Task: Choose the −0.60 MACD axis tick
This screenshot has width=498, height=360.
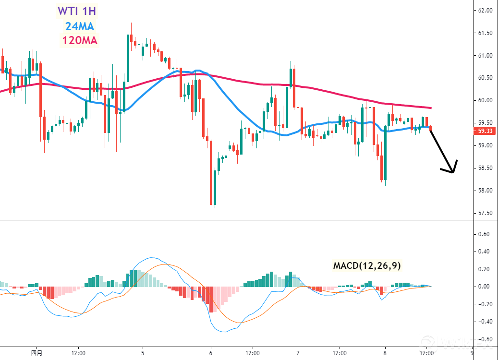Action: tap(483, 339)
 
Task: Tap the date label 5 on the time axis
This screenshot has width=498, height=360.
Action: tap(143, 353)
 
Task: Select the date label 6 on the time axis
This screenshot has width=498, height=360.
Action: tap(211, 353)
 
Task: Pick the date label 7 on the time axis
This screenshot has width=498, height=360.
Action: tap(298, 353)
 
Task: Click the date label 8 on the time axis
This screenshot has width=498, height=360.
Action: tap(385, 353)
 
